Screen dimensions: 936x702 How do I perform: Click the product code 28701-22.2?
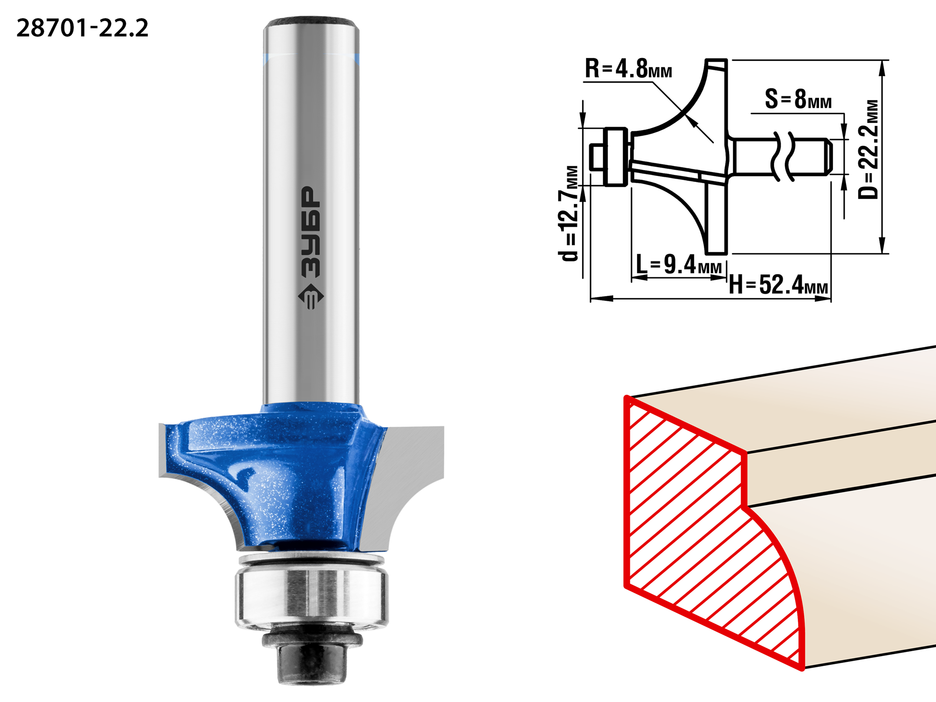point(82,28)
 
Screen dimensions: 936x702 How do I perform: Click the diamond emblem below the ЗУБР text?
point(311,296)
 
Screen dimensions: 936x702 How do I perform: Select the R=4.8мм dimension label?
point(628,69)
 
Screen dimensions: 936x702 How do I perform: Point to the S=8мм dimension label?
point(798,99)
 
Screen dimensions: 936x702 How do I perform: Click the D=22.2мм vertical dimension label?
point(869,149)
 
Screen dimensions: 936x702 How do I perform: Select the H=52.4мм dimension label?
point(778,284)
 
